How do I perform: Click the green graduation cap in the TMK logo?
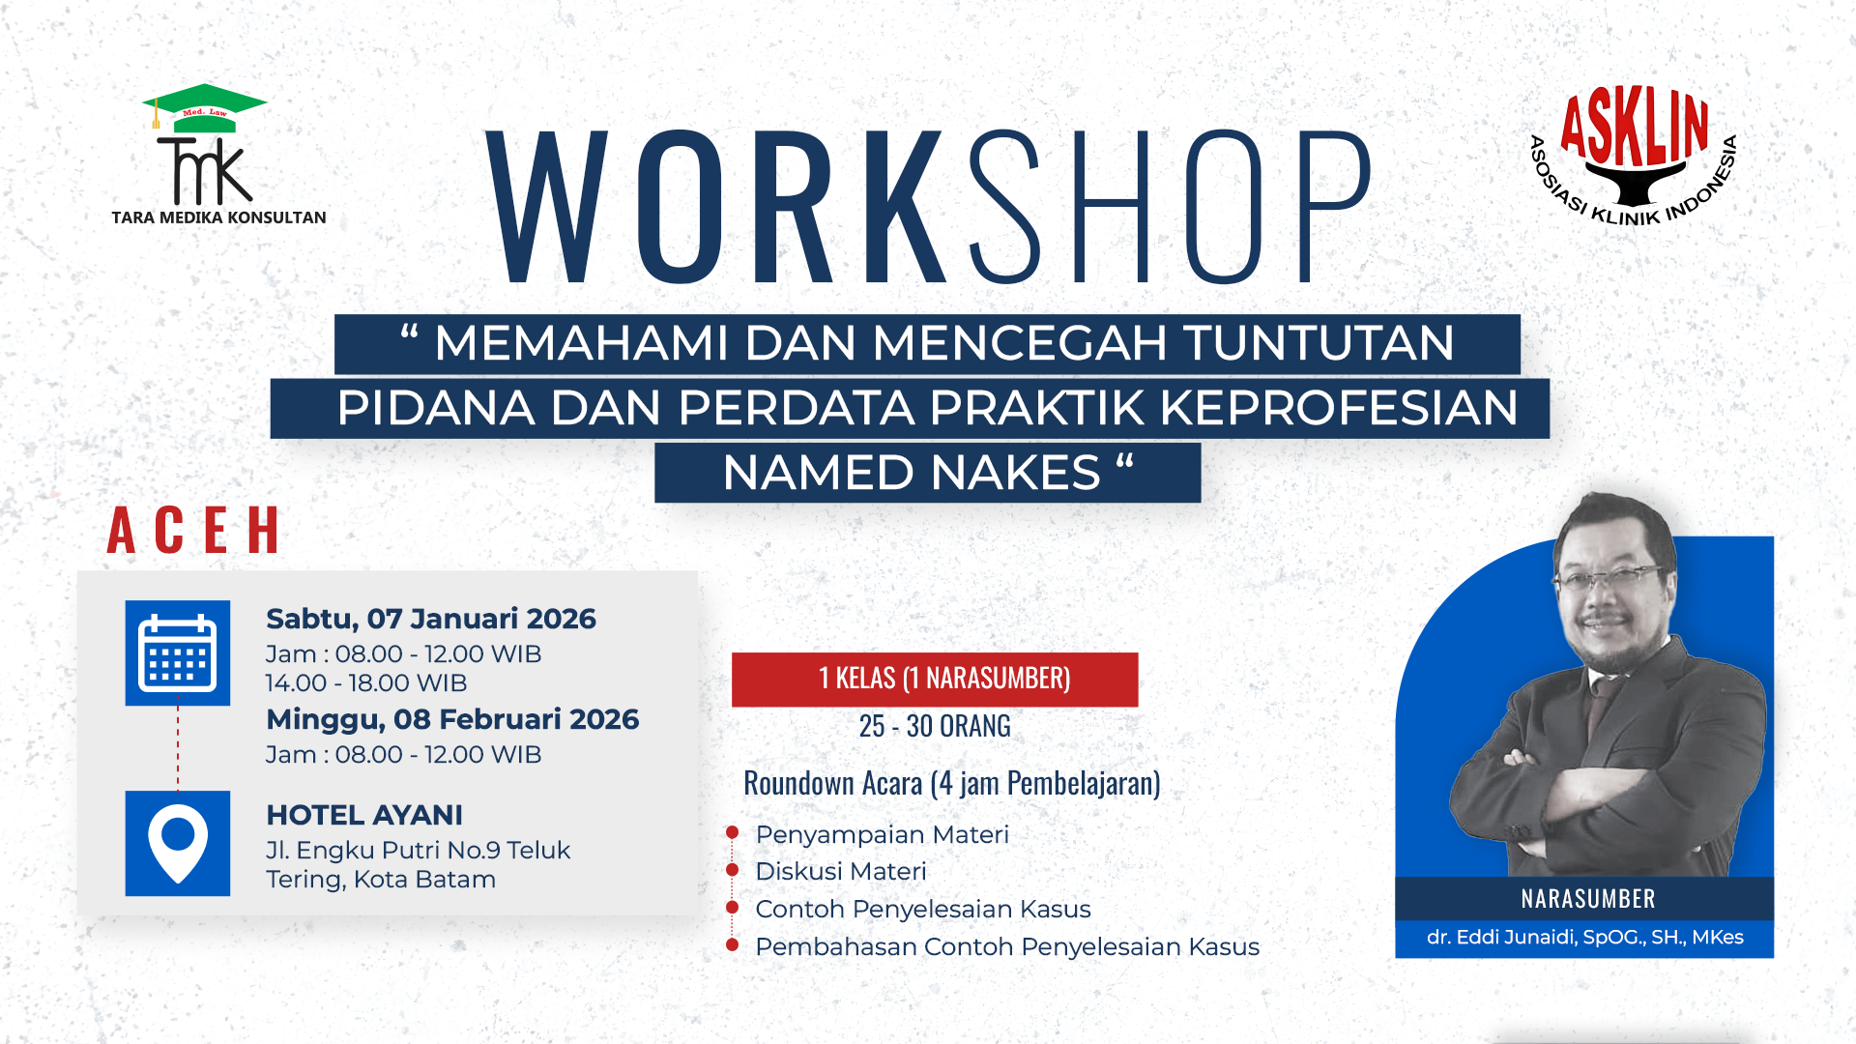205,107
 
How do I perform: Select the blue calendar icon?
178,653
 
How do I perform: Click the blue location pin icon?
178,843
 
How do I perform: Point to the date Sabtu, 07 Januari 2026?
431,619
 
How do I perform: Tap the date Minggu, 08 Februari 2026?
452,719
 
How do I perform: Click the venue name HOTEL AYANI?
364,815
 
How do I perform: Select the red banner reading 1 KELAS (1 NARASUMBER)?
935,679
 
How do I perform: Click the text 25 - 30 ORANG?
935,726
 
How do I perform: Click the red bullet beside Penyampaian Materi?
733,832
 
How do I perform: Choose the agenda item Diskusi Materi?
841,872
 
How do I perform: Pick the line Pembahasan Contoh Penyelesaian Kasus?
1007,947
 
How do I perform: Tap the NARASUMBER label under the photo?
1588,899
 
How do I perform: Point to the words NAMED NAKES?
912,473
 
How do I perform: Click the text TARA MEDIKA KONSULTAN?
219,217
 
